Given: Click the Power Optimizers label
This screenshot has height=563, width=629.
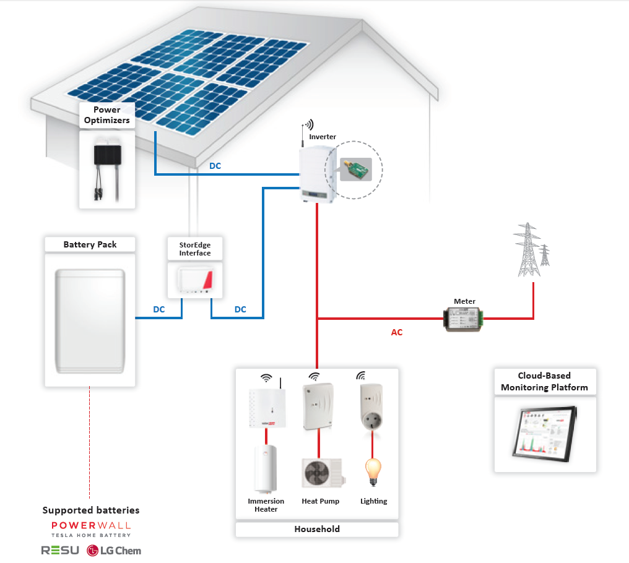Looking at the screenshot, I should pos(107,115).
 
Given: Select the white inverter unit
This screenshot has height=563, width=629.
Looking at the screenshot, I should pos(316,174).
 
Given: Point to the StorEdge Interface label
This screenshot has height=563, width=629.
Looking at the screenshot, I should pos(195,249).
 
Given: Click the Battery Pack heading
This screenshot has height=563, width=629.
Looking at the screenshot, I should pos(90,244).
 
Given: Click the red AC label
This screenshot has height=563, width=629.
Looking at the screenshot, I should pos(397,332).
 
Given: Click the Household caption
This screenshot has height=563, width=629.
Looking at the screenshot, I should pos(317,529).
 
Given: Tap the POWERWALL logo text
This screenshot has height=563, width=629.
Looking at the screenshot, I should pos(91,525).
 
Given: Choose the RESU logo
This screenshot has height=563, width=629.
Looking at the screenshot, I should pos(60,550).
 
